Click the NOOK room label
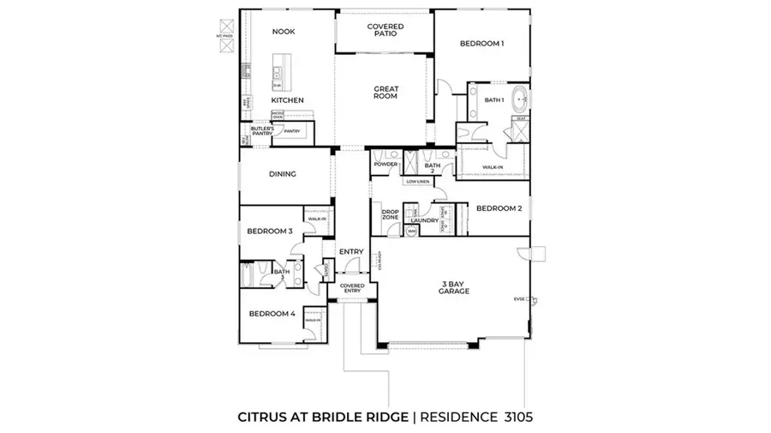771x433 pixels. click(284, 32)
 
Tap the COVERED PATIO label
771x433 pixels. click(385, 31)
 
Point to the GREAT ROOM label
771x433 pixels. click(385, 93)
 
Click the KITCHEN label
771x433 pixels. click(288, 100)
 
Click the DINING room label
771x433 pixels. click(283, 174)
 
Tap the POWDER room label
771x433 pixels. click(384, 165)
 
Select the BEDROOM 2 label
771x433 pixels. click(499, 208)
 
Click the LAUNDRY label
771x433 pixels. click(424, 220)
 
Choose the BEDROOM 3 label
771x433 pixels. click(270, 232)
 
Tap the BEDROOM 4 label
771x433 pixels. click(272, 314)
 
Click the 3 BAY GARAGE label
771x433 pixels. click(454, 286)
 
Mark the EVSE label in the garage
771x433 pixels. click(518, 298)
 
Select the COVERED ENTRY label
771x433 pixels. click(352, 288)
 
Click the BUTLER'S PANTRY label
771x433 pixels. click(262, 131)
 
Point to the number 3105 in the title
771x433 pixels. click(517, 418)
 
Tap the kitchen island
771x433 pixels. click(279, 72)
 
